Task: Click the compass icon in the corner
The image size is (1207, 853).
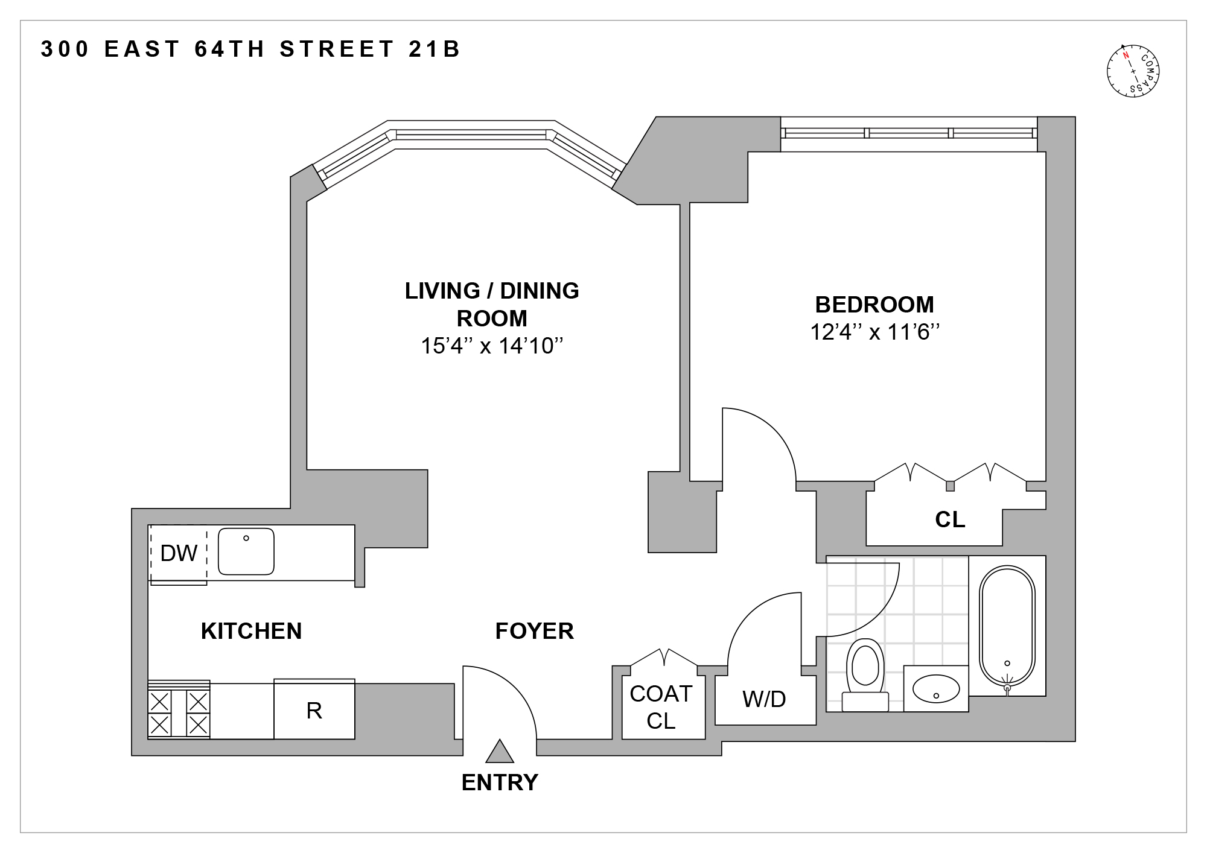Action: (x=1134, y=71)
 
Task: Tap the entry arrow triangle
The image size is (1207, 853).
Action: (x=500, y=752)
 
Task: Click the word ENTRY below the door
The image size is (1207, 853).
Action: (x=500, y=782)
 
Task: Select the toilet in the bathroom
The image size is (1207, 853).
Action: (x=865, y=673)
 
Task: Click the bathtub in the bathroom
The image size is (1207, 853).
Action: (x=1007, y=627)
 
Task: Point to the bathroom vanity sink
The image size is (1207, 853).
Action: (x=935, y=688)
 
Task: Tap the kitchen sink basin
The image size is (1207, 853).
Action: (x=246, y=551)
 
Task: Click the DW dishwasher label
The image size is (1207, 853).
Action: (x=179, y=553)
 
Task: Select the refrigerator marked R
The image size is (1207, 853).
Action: (x=314, y=711)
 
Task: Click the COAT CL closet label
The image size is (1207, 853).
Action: (x=661, y=707)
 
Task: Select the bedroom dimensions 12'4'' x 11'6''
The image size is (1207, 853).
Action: (x=874, y=332)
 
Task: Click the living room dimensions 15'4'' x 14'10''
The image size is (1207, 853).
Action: (x=492, y=346)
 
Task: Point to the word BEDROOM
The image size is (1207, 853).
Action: (x=874, y=305)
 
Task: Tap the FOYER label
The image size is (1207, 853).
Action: (x=534, y=631)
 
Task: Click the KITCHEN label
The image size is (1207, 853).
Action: (x=251, y=631)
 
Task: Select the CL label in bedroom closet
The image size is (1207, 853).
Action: (x=950, y=519)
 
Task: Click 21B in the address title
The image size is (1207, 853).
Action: (x=435, y=49)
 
